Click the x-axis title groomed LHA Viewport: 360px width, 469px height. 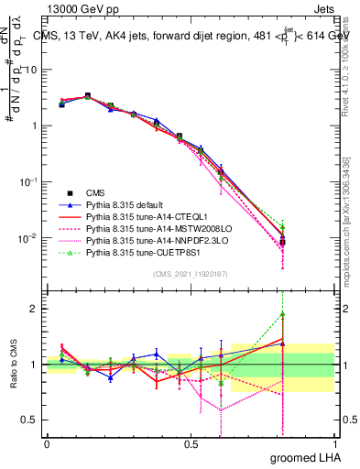pyautogui.click(x=306, y=458)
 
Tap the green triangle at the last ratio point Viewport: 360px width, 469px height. pyautogui.click(x=283, y=314)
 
